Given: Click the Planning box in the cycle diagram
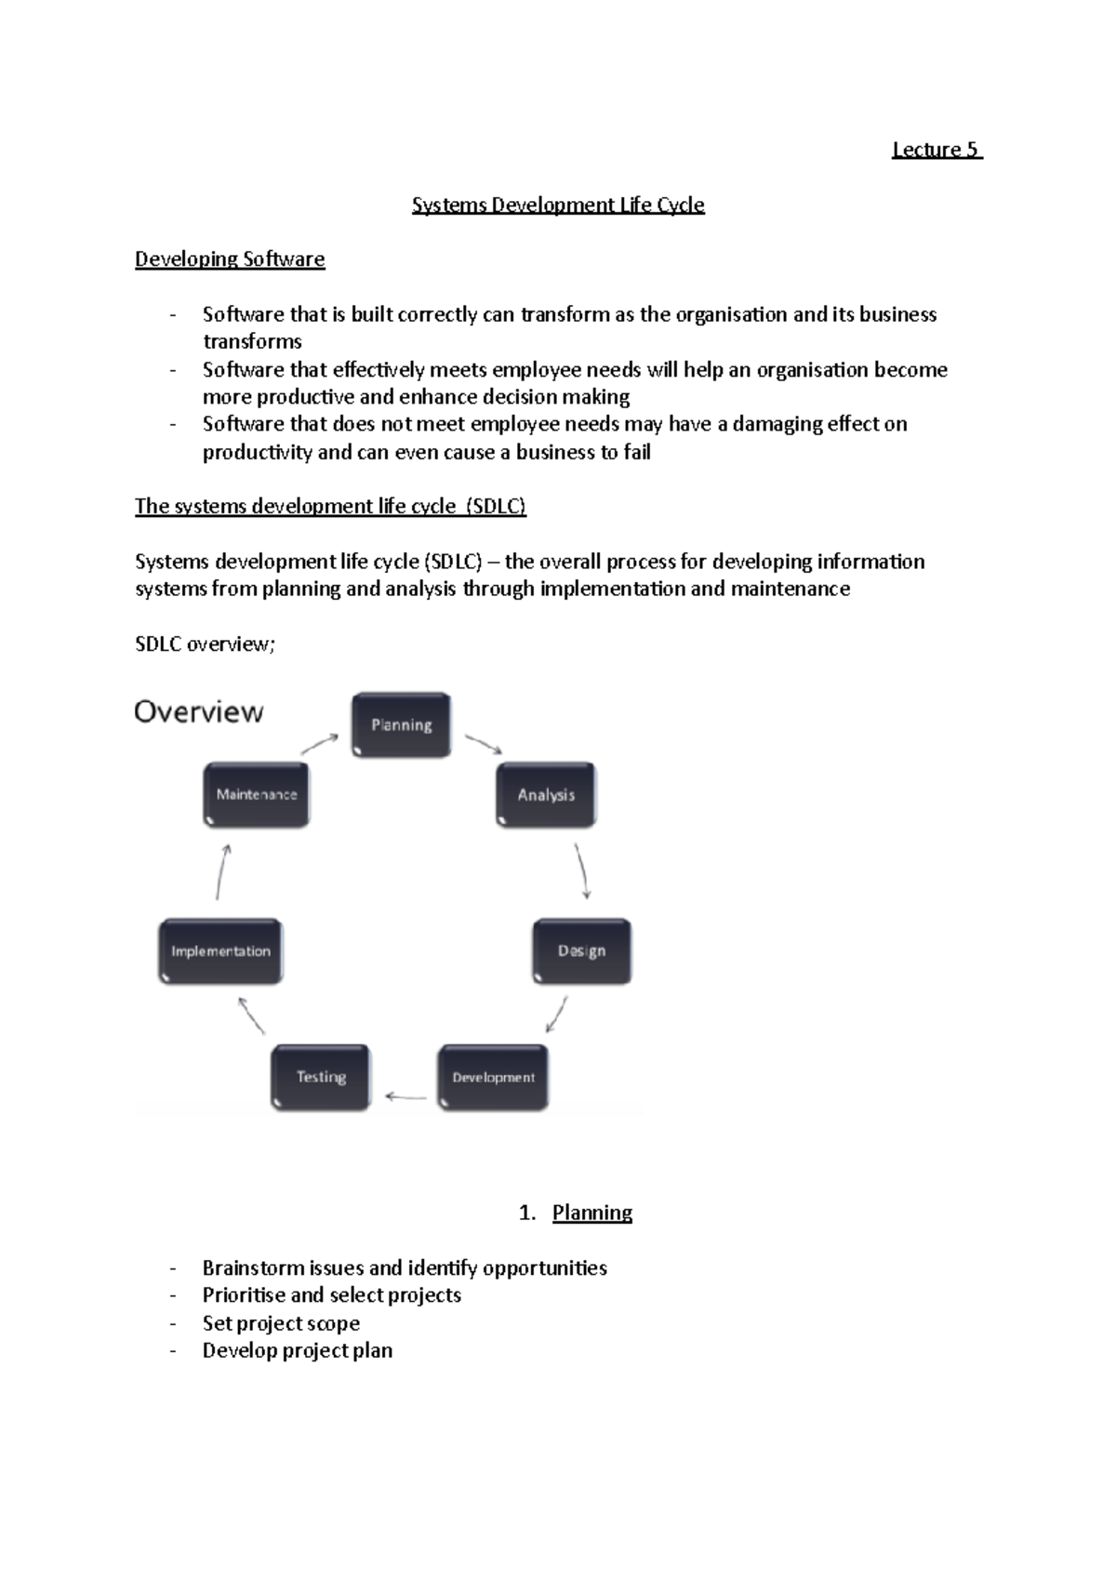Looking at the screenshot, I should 401,724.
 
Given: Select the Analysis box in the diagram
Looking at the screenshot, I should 546,795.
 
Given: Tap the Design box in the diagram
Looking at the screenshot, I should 581,950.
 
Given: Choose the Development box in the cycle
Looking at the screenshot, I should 493,1077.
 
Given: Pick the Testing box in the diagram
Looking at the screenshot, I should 321,1077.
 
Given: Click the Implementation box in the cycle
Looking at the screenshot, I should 220,951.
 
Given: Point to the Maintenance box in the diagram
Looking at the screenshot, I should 256,794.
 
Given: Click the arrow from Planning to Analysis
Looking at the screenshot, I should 484,745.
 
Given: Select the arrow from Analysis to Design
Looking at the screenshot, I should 582,870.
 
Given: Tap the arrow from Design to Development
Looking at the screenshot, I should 557,1015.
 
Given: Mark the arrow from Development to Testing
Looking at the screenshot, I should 405,1097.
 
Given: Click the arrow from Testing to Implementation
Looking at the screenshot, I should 251,1015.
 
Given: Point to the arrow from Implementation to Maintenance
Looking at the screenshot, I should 222,871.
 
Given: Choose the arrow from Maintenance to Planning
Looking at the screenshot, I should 320,744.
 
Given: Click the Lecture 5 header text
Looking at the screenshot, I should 936,150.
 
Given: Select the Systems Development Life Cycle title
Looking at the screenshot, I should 558,205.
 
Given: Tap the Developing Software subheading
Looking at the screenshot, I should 230,259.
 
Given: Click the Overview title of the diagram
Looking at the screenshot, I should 199,712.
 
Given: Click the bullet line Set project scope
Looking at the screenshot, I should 281,1323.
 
